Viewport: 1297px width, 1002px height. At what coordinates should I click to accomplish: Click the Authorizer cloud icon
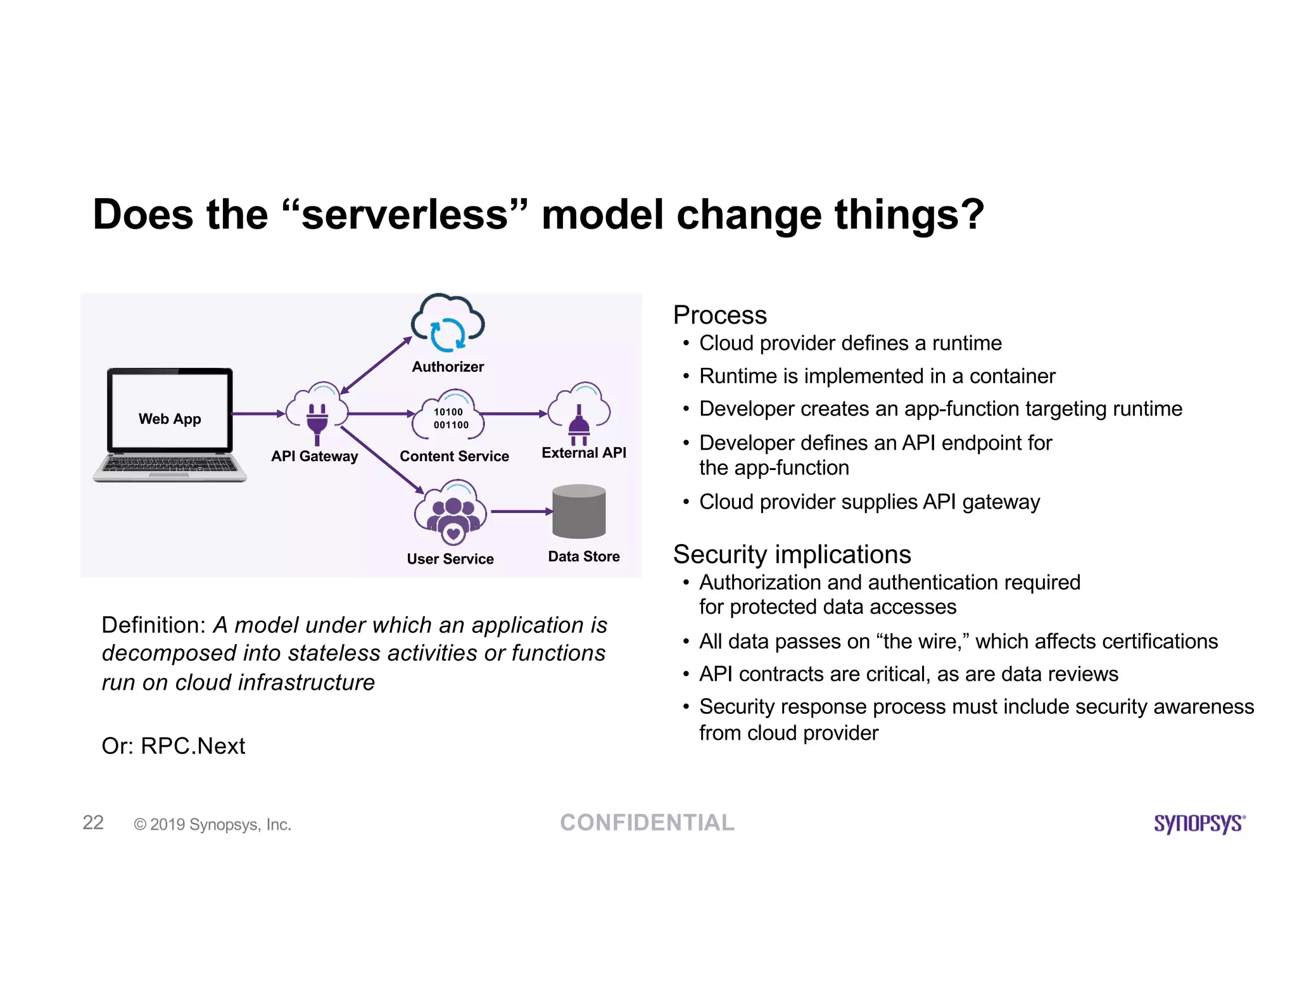[x=448, y=324]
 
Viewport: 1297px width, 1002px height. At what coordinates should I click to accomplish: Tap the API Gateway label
[x=314, y=456]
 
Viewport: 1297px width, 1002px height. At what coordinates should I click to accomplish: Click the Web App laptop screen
[x=170, y=411]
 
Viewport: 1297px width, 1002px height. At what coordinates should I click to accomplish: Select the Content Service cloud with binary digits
[x=449, y=416]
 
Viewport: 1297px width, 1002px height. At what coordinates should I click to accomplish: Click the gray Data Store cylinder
[x=579, y=512]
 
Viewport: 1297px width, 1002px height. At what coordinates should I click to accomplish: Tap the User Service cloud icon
[x=451, y=511]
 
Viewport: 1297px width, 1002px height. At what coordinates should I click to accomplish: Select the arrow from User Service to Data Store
[x=521, y=511]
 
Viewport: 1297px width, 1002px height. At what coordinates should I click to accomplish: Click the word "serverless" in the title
[x=405, y=214]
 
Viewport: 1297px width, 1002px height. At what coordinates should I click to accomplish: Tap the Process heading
[x=719, y=315]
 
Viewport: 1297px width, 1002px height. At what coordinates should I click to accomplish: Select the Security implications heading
[x=792, y=554]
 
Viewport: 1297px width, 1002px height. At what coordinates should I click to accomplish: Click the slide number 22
[x=93, y=822]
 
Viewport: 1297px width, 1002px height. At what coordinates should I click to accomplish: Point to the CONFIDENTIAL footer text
[x=647, y=822]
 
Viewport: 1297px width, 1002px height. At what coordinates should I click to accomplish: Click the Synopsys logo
[x=1199, y=823]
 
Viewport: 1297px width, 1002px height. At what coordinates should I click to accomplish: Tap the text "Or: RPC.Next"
[x=173, y=746]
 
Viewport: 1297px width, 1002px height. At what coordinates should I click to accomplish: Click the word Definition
[x=153, y=625]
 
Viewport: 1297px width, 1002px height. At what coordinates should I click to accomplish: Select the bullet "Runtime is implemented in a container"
[x=876, y=376]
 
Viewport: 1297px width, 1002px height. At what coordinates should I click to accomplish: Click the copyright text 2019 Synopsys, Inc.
[x=213, y=824]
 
